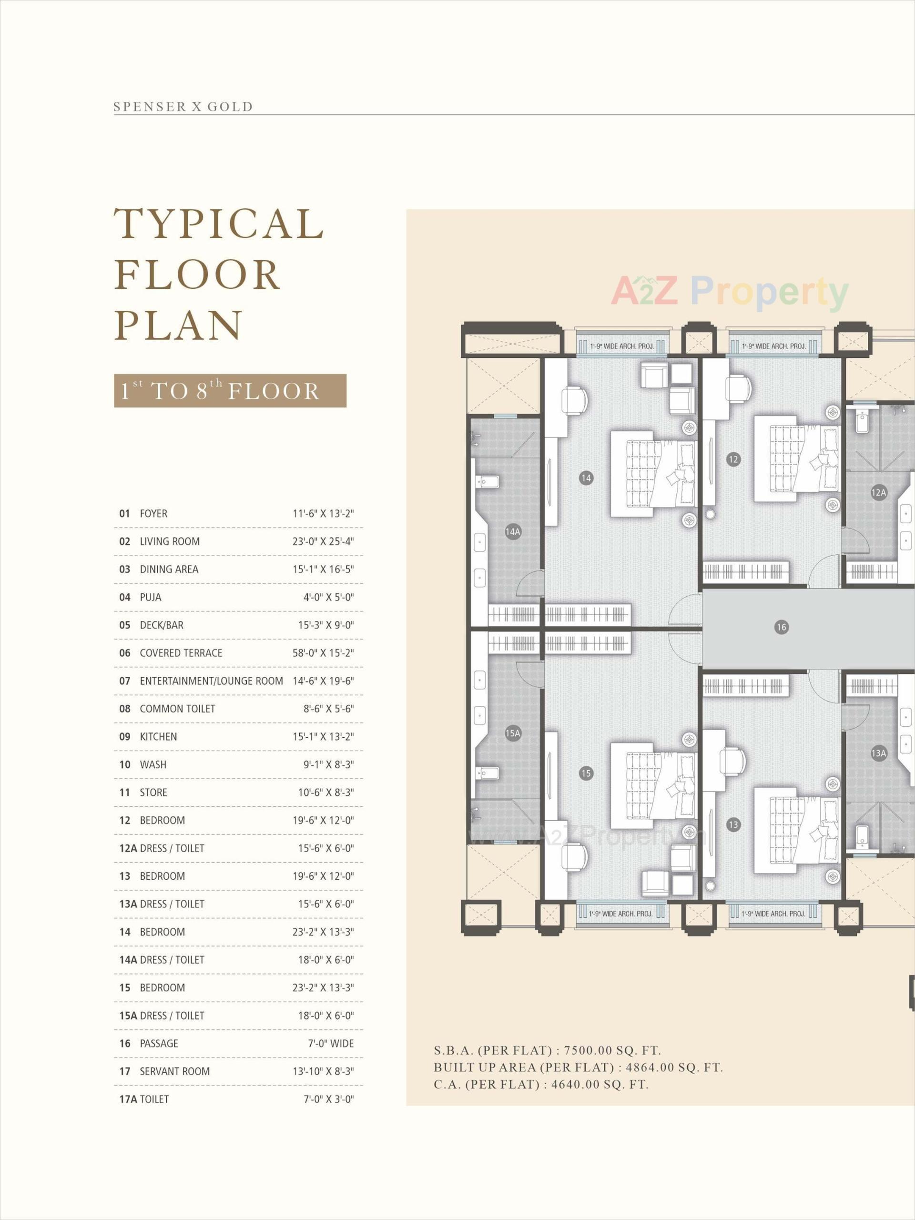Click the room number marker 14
pyautogui.click(x=586, y=478)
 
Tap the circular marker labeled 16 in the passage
pyautogui.click(x=781, y=627)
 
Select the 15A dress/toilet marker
pyautogui.click(x=513, y=733)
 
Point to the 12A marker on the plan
pyautogui.click(x=879, y=492)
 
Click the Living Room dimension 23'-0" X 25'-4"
pyautogui.click(x=323, y=541)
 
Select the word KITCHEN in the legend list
pyautogui.click(x=158, y=737)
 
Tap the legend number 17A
pyautogui.click(x=128, y=1099)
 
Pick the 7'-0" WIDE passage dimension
pyautogui.click(x=330, y=1044)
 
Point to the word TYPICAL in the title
pyautogui.click(x=219, y=224)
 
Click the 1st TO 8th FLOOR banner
pyautogui.click(x=230, y=391)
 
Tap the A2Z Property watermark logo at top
pyautogui.click(x=729, y=292)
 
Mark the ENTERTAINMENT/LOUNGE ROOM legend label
pyautogui.click(x=211, y=681)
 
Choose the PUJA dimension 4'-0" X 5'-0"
pyautogui.click(x=328, y=597)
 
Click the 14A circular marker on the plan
pyautogui.click(x=513, y=532)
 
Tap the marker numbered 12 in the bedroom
pyautogui.click(x=733, y=459)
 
